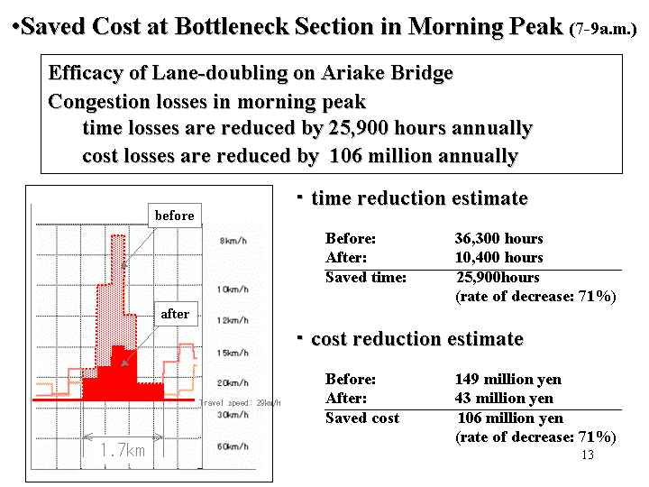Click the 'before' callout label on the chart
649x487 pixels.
pos(175,216)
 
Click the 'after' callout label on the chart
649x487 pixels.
pos(176,314)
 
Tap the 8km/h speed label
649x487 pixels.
pos(233,241)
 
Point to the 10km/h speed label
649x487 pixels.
pos(233,289)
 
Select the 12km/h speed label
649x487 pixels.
pos(233,320)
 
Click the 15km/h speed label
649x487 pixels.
pos(233,353)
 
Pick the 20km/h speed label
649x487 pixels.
pos(233,383)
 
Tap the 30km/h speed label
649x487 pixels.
pos(233,415)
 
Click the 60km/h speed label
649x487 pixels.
pos(233,446)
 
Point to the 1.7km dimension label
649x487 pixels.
pos(123,450)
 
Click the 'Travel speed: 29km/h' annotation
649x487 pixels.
pos(240,402)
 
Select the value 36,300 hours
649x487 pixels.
pos(498,238)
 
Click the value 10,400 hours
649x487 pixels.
pos(498,258)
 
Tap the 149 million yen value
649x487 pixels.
pos(508,380)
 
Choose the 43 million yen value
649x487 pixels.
pos(504,399)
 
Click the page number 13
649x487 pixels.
pos(588,455)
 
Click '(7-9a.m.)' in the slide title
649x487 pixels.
pos(603,30)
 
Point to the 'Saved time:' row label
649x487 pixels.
pos(366,277)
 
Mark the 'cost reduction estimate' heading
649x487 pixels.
pos(417,339)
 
